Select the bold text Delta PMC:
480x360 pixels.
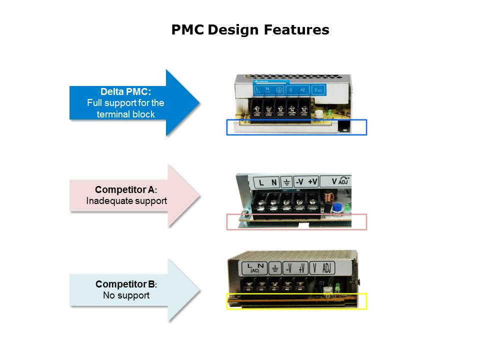pos(125,92)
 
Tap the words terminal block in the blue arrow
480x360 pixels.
pos(125,114)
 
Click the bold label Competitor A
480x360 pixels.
pos(125,190)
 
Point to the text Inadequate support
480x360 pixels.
pos(126,201)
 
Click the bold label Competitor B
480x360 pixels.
pos(125,284)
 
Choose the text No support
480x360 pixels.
pos(126,295)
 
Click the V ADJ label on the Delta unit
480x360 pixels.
pos(317,90)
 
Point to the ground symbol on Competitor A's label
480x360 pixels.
pos(286,182)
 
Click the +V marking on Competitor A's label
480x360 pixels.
pos(313,182)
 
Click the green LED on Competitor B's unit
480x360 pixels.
pos(337,287)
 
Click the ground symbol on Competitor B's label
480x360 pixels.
pos(274,268)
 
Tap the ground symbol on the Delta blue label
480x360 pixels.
pos(279,90)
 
